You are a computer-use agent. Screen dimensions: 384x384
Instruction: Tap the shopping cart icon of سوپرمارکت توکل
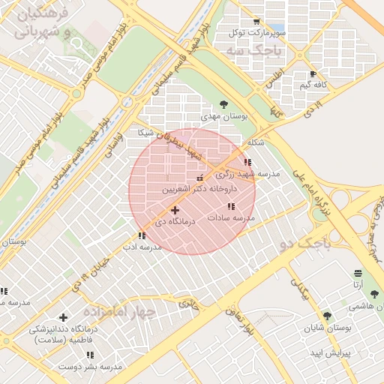pyautogui.click(x=257, y=22)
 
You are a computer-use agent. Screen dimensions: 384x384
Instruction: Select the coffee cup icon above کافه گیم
pyautogui.click(x=313, y=73)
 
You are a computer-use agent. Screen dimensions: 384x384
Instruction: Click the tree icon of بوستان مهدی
pyautogui.click(x=223, y=104)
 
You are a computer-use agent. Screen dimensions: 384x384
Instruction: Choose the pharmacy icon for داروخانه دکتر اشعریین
pyautogui.click(x=199, y=178)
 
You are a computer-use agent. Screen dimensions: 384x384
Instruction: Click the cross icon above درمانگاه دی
pyautogui.click(x=175, y=211)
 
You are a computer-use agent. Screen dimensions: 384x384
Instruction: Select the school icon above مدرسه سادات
pyautogui.click(x=230, y=205)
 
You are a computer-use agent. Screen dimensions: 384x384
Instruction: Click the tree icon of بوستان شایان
pyautogui.click(x=326, y=316)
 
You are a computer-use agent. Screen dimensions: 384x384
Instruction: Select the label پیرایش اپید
pyautogui.click(x=326, y=352)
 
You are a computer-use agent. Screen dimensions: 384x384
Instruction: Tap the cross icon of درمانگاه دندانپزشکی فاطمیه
pyautogui.click(x=62, y=317)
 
